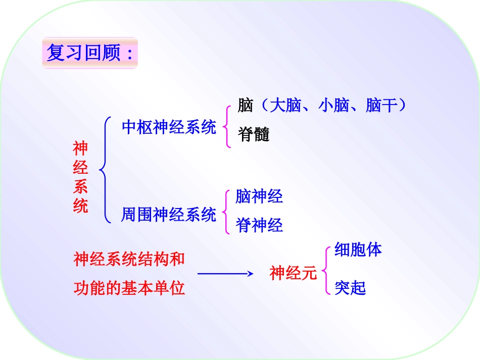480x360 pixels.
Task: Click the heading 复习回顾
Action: tap(89, 53)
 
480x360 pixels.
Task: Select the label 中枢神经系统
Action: tap(169, 127)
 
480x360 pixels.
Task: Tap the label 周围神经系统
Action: tap(169, 215)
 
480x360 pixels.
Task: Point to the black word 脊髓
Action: tap(254, 135)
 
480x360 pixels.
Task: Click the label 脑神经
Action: tap(259, 196)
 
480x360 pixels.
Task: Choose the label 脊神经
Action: tap(259, 225)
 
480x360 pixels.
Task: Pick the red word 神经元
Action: tap(293, 273)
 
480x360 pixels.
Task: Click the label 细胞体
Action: tap(358, 249)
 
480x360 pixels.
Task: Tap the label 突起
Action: tap(350, 288)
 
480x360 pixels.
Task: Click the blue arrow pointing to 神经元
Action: tap(225, 274)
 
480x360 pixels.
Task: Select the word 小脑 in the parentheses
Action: tap(333, 106)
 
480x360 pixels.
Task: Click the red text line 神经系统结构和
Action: tap(129, 260)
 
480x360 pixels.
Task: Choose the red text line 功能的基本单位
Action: tap(129, 288)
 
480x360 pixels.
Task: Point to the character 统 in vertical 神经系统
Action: tap(80, 206)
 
